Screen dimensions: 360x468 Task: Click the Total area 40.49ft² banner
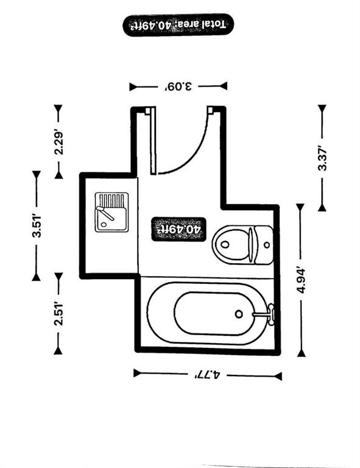[x=178, y=25]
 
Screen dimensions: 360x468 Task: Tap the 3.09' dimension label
[x=178, y=87]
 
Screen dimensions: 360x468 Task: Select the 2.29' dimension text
[x=58, y=143]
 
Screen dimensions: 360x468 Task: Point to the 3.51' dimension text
[x=37, y=225]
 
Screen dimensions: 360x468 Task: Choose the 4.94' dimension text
[x=301, y=280]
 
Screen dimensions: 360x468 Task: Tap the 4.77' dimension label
[x=208, y=375]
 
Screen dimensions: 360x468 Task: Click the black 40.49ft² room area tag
[x=178, y=229]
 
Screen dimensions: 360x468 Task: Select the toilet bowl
[x=231, y=245]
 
